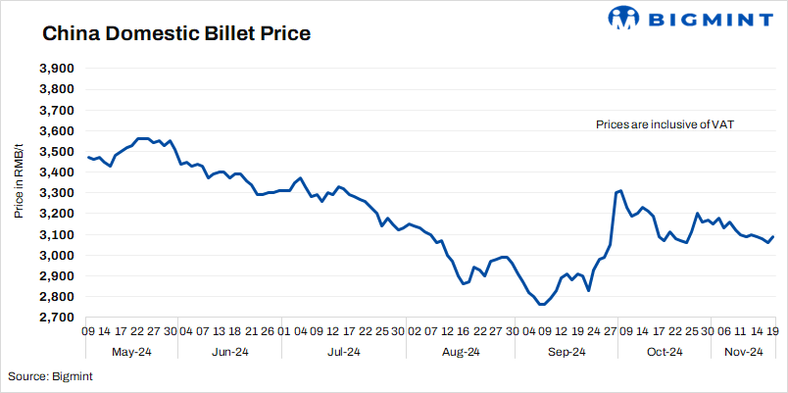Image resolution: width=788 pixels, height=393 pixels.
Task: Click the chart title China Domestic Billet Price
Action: [x=176, y=34]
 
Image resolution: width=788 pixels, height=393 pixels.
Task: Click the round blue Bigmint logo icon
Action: [x=622, y=18]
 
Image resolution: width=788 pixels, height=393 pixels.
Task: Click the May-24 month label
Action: [x=131, y=352]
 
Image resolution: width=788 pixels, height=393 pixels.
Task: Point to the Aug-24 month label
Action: [x=459, y=352]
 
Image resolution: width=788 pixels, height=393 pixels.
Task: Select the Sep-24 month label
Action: [x=566, y=352]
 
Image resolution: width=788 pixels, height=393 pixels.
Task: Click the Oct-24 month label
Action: [x=664, y=352]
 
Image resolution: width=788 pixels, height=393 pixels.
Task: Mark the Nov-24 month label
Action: [x=743, y=352]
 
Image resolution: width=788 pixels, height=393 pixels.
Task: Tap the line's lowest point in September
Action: [x=541, y=305]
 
